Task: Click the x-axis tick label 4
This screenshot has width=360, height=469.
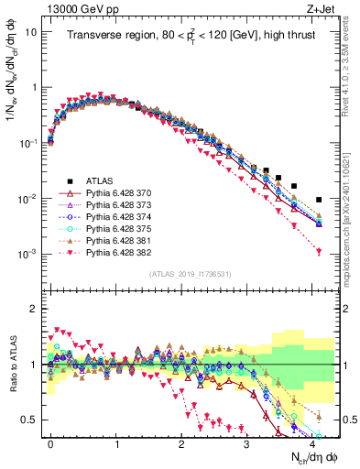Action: [x=312, y=442]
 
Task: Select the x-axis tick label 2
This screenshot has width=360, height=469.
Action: [x=182, y=442]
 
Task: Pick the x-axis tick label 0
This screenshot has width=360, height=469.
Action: [x=51, y=442]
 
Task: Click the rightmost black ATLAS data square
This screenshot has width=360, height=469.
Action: [x=319, y=200]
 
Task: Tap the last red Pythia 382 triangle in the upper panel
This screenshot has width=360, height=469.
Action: [x=319, y=252]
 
